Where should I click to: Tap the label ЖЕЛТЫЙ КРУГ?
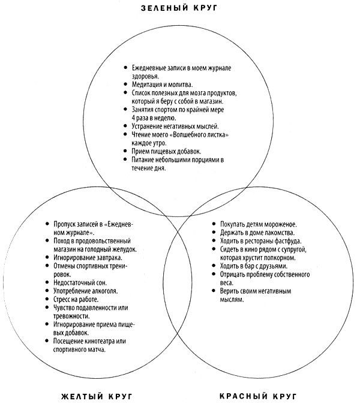pyautogui.click(x=97, y=397)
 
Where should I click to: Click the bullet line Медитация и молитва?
pyautogui.click(x=161, y=85)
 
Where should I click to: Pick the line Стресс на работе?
pyautogui.click(x=75, y=299)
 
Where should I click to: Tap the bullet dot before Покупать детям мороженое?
pyautogui.click(x=214, y=224)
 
